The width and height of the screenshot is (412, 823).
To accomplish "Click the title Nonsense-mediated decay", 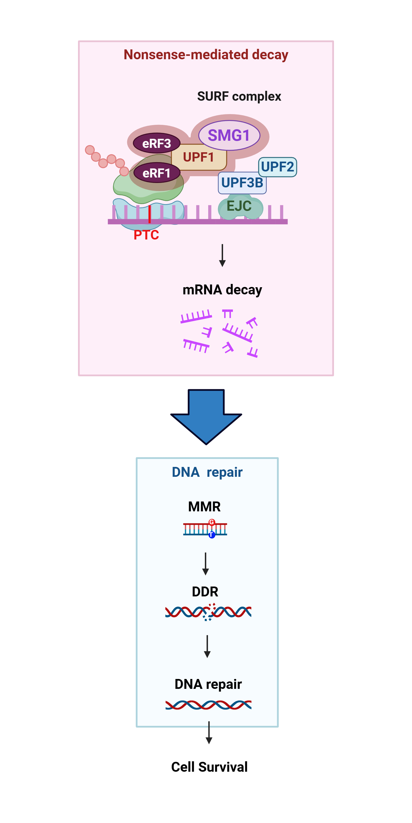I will pyautogui.click(x=206, y=55).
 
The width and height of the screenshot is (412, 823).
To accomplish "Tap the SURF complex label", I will pyautogui.click(x=239, y=96).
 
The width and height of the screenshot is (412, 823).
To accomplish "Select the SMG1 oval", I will pyautogui.click(x=229, y=135).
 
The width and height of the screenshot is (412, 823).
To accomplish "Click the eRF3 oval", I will pyautogui.click(x=156, y=143).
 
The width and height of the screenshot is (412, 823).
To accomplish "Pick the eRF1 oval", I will pyautogui.click(x=156, y=173).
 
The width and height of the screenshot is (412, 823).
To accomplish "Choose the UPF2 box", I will pyautogui.click(x=277, y=167).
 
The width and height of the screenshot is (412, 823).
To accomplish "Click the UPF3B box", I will pyautogui.click(x=242, y=183).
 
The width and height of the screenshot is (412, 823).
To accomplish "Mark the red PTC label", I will pyautogui.click(x=146, y=235).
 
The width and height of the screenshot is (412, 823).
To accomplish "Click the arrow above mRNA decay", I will pyautogui.click(x=222, y=255).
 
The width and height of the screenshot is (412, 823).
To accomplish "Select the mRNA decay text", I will pyautogui.click(x=222, y=290).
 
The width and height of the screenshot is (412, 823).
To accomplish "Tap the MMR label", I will pyautogui.click(x=204, y=506).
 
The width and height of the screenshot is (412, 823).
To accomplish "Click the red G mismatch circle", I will pyautogui.click(x=212, y=522).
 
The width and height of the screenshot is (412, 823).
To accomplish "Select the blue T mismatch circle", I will pyautogui.click(x=212, y=535).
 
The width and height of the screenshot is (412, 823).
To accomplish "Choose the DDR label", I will pyautogui.click(x=205, y=592).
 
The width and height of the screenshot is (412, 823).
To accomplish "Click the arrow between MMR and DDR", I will pyautogui.click(x=206, y=564).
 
